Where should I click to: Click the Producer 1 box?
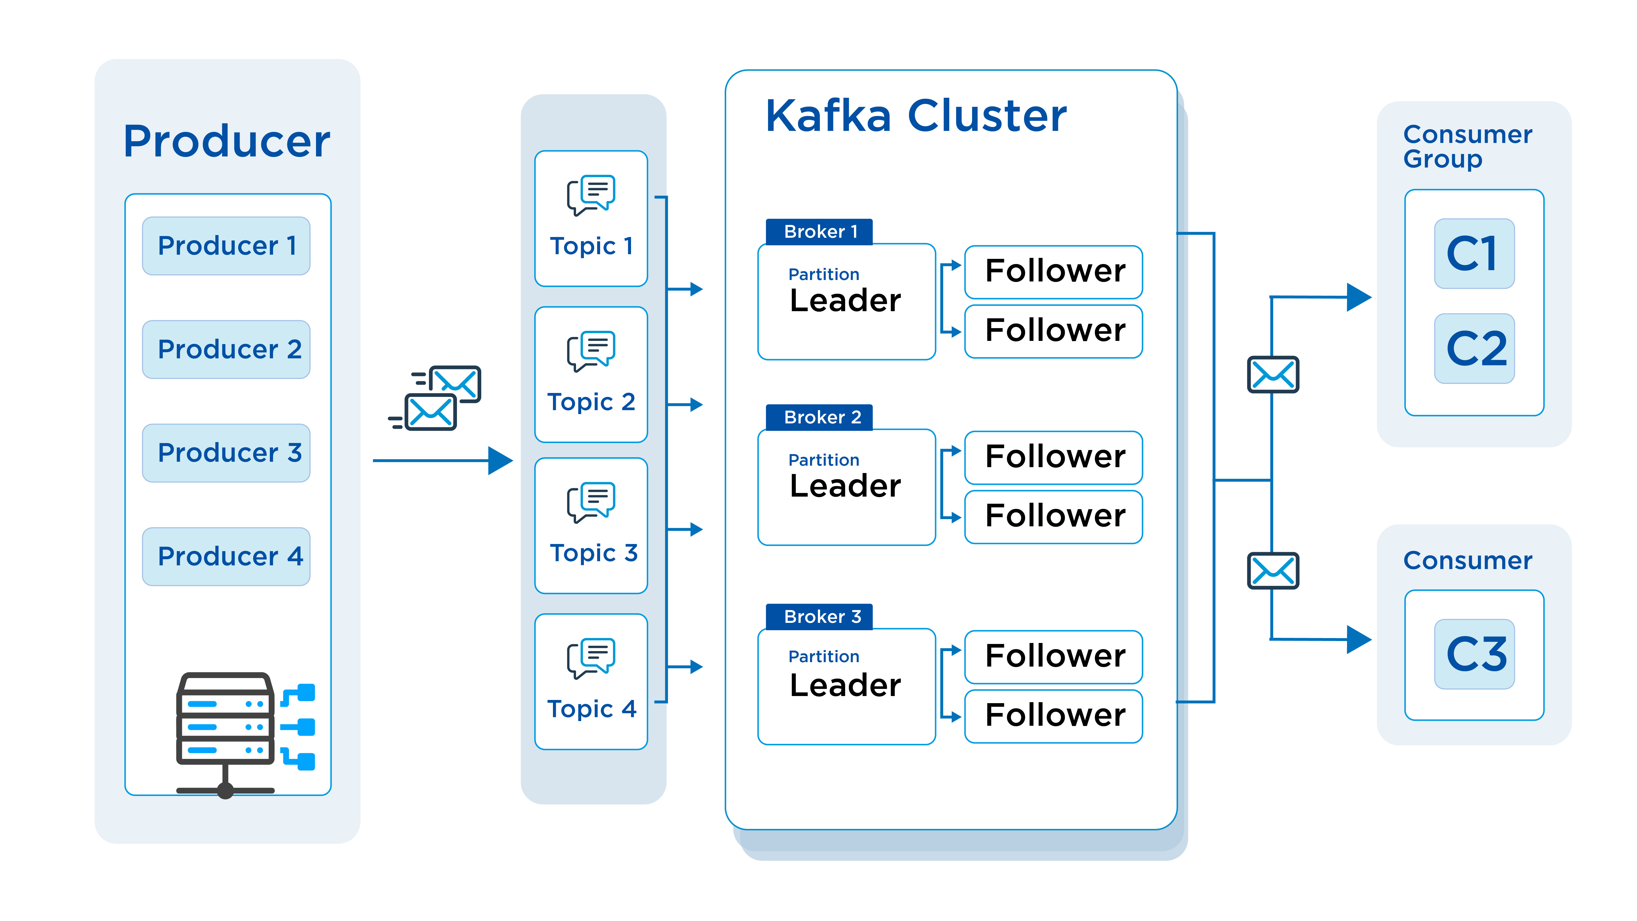coord(226,246)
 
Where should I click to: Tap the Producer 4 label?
coord(230,556)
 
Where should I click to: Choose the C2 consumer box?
coord(1474,348)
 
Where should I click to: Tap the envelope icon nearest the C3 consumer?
coord(1273,571)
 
